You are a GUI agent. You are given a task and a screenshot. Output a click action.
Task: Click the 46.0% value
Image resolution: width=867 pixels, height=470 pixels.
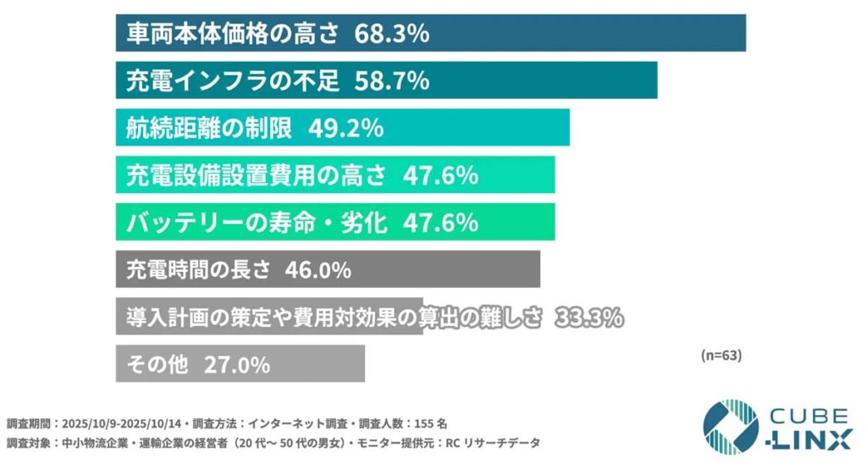click(x=318, y=270)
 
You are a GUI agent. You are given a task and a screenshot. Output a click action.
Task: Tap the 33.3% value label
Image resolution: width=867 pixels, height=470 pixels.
click(x=589, y=318)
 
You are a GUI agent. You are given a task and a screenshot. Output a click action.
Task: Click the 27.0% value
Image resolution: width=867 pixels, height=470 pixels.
click(x=236, y=365)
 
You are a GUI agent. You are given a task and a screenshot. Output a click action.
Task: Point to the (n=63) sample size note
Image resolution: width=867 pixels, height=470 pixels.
click(x=721, y=356)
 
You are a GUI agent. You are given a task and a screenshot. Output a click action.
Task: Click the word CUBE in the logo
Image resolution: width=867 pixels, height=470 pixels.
click(x=807, y=417)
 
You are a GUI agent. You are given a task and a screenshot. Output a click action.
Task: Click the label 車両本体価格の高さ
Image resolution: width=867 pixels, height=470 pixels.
click(x=233, y=33)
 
